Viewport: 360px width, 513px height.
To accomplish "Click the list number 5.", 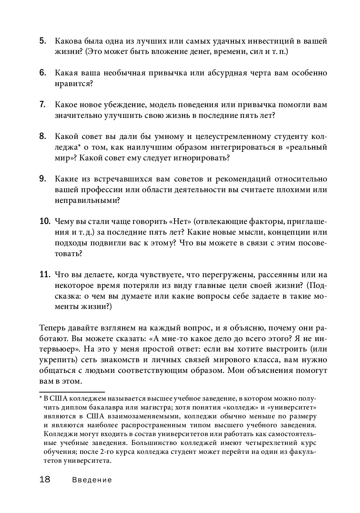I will click(x=43, y=41).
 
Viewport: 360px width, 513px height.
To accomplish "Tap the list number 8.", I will click(x=43, y=136).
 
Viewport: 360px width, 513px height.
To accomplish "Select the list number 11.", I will click(x=44, y=275).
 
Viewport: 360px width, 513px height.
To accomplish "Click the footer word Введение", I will click(x=92, y=480).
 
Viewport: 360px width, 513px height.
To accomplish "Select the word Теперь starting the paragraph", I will click(x=52, y=328).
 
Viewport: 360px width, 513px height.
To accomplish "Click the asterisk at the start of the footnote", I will click(x=41, y=398).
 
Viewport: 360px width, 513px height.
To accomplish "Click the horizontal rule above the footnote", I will click(x=72, y=391).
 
